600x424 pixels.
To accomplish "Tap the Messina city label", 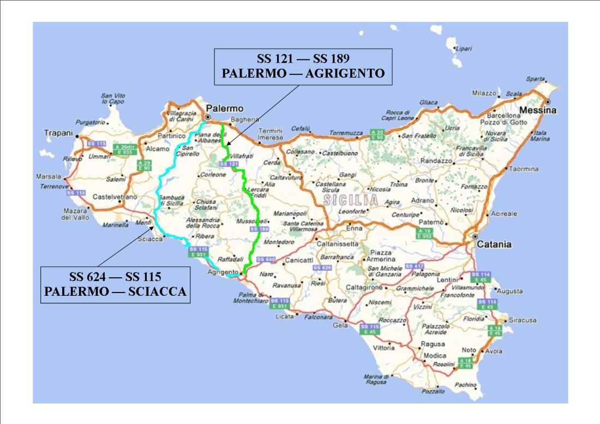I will (537, 110).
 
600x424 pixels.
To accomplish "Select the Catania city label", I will (494, 245).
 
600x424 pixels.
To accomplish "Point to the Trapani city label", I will (58, 132).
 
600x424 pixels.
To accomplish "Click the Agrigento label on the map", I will (223, 272).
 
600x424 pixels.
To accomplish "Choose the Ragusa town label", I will (433, 344).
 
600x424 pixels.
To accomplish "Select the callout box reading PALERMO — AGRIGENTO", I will (303, 67).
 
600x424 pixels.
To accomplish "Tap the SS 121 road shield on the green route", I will (229, 164).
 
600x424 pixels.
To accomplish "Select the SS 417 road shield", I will (415, 266).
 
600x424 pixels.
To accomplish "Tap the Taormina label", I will (524, 169).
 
